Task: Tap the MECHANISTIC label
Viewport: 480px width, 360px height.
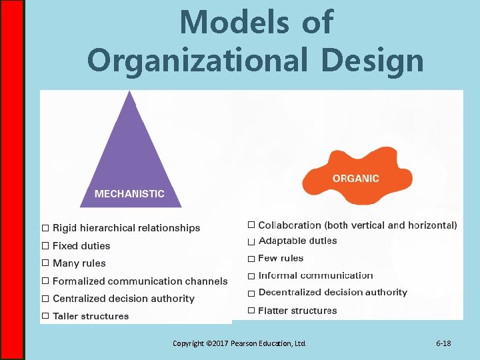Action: point(129,194)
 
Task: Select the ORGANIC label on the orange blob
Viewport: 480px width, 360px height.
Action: point(355,179)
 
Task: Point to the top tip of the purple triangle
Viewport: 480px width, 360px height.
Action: point(129,93)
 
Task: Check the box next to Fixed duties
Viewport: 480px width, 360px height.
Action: point(45,246)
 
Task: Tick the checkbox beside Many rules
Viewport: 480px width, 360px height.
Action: point(45,263)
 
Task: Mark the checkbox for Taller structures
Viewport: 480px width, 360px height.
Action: point(45,316)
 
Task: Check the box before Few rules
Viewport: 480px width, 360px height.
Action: point(251,259)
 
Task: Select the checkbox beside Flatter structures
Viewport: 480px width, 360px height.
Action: point(251,311)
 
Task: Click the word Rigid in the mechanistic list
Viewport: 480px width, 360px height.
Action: point(65,228)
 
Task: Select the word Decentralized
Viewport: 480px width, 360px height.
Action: point(291,292)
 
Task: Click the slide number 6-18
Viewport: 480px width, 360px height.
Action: point(443,343)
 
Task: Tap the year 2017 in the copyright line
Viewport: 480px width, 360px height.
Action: point(218,343)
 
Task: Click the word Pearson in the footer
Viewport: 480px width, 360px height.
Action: point(243,343)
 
